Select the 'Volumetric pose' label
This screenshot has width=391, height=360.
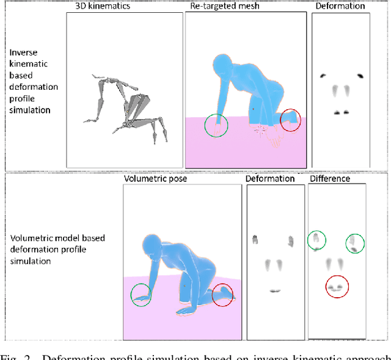pos(155,179)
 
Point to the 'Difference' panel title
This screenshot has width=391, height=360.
pos(330,179)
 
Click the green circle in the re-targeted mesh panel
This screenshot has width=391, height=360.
pos(216,125)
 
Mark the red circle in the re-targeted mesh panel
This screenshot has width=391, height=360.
pos(291,120)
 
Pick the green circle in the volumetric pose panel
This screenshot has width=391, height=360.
pos(142,295)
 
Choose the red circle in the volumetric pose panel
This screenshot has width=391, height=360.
pos(222,295)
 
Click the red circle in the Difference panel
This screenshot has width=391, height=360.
pos(335,286)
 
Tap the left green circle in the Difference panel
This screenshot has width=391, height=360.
pos(316,240)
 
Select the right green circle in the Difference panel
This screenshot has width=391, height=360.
pos(354,243)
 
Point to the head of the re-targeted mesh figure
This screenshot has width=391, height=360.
pos(222,65)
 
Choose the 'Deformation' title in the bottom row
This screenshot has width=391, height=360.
pos(270,179)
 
